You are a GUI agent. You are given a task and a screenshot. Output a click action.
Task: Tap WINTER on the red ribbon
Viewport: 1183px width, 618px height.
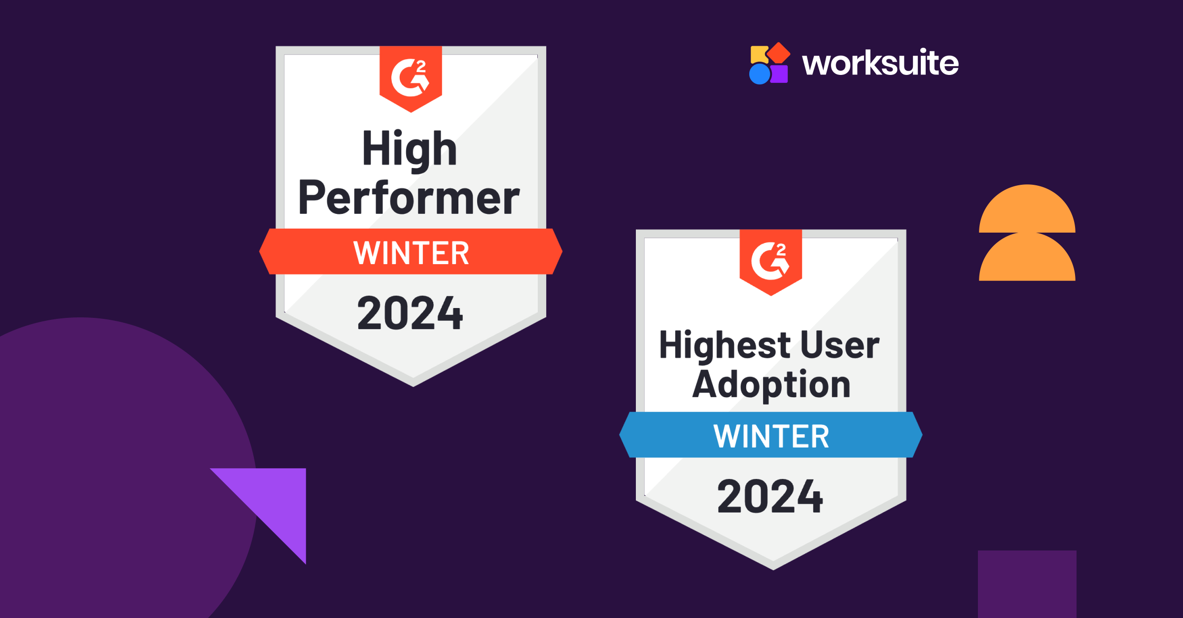[411, 253]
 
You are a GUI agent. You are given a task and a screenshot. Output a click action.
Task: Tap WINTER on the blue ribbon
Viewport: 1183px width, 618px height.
[771, 436]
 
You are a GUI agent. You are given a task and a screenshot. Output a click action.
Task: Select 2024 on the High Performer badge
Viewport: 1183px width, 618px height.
[410, 313]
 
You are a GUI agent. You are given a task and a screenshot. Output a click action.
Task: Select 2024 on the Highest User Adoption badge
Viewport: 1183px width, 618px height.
[770, 496]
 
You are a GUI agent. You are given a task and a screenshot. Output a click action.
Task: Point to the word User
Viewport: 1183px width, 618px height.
[840, 345]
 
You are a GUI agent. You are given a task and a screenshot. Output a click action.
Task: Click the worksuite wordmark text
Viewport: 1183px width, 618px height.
[880, 63]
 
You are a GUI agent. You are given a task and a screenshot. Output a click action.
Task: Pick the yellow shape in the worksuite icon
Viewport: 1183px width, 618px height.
[758, 54]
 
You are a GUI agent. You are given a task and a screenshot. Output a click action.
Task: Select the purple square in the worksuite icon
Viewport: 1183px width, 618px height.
[780, 74]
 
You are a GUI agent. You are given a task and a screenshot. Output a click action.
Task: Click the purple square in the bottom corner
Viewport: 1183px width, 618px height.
[1027, 584]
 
